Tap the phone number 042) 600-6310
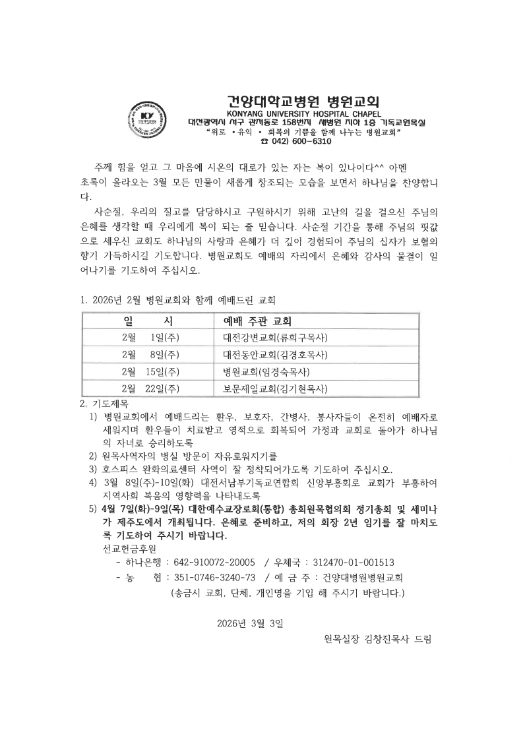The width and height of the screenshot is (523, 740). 300,141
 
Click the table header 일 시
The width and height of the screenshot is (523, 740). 148,322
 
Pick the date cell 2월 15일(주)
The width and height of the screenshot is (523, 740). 151,371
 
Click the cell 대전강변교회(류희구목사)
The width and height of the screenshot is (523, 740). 276,338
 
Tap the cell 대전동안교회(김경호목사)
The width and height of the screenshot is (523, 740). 276,355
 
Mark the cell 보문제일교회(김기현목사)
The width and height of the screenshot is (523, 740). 276,388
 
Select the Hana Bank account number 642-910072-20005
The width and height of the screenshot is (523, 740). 214,562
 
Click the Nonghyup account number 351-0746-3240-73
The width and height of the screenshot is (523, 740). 214,577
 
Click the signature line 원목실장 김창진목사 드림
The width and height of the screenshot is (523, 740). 378,638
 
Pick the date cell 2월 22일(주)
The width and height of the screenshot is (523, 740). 151,388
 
